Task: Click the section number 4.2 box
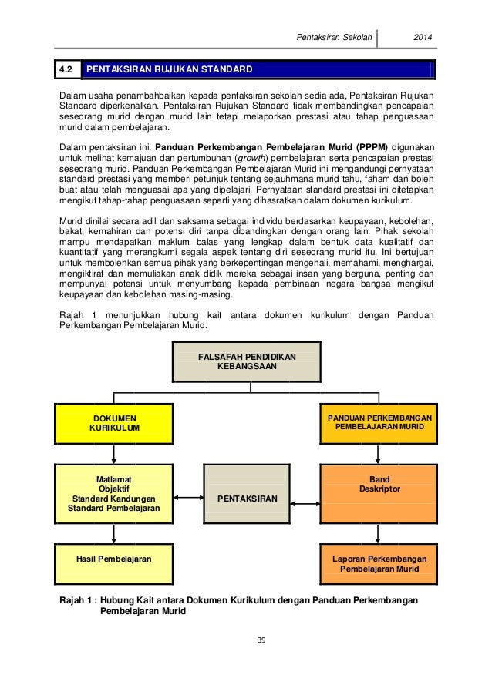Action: click(67, 70)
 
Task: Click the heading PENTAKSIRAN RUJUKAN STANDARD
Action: click(169, 70)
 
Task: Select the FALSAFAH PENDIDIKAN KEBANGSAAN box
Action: click(246, 361)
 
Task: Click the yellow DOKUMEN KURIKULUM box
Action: click(115, 422)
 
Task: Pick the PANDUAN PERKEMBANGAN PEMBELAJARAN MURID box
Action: click(379, 422)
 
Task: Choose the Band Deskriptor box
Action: click(379, 492)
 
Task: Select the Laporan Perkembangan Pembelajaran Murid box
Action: click(379, 562)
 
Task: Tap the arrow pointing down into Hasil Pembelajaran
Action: click(114, 533)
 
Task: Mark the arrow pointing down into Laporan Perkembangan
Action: click(379, 533)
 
